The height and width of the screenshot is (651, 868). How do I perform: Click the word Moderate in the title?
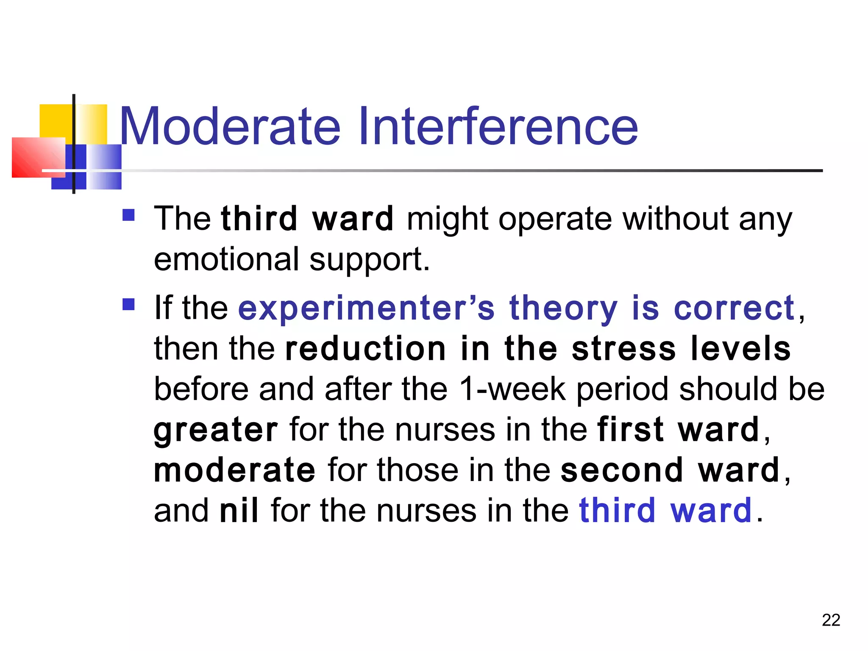pos(230,126)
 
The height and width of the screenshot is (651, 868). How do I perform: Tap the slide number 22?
pos(831,620)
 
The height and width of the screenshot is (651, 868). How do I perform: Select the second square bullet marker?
pos(128,304)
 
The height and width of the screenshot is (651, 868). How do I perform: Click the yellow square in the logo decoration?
pos(56,120)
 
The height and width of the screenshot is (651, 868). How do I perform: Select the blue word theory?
pos(563,308)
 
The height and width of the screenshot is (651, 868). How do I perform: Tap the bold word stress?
pos(623,348)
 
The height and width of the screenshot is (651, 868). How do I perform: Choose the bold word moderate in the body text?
pos(234,470)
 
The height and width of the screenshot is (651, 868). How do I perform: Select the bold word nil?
pos(239,511)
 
